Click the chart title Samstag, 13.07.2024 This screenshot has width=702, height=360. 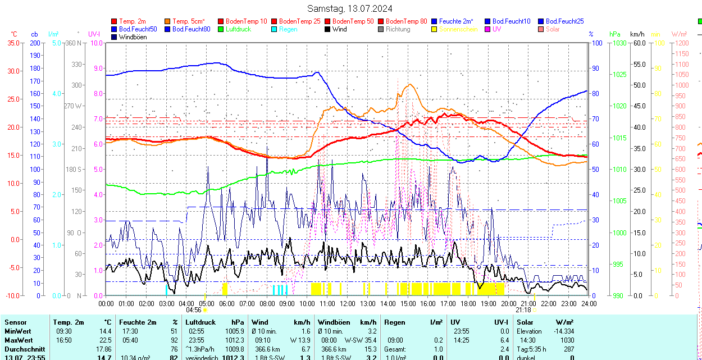349,8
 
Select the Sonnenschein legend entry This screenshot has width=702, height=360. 458,29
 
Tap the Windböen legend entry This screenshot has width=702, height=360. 133,37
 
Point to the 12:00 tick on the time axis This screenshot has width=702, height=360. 348,304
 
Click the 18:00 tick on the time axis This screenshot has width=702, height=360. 468,304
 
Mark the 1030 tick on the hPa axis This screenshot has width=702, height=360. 619,43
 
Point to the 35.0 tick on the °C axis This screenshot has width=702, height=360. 12,43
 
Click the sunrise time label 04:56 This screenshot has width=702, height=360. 193,309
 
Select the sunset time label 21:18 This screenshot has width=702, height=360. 523,309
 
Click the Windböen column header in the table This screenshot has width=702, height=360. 334,322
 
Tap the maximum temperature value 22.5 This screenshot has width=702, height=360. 105,340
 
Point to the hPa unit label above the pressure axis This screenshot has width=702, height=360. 614,34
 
